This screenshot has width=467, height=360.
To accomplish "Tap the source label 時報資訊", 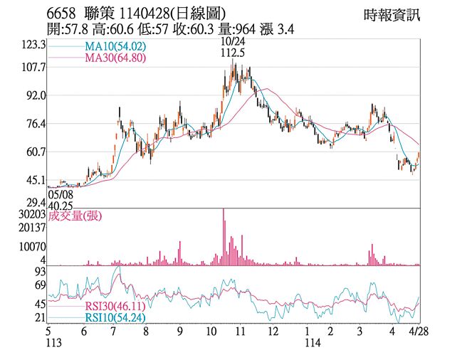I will [391, 14].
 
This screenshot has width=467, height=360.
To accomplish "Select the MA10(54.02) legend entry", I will [115, 46].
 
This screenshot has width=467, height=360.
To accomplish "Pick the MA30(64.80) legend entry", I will [115, 58].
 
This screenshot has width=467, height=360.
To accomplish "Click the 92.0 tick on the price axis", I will [36, 95].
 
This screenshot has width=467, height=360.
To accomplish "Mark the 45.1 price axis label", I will [36, 180].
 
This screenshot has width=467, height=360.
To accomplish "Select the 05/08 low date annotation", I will [61, 194].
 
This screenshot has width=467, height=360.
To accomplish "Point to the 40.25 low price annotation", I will [61, 205].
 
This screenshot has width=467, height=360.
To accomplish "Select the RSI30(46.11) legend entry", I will [116, 306].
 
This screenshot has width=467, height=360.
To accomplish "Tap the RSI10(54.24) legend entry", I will [116, 317].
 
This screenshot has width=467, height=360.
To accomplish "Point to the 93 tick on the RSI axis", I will [40, 272].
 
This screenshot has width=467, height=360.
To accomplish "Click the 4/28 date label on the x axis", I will [418, 331].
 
